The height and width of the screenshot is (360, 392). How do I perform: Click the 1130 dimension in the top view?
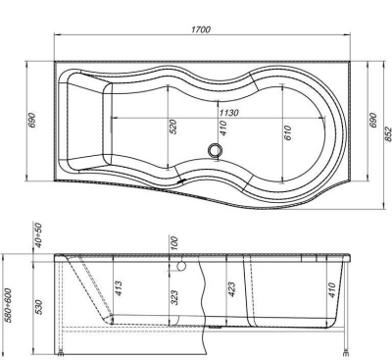pos(226,112)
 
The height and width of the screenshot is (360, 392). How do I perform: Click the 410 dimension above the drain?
pos(222,129)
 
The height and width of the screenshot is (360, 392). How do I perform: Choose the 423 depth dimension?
pos(230,289)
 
